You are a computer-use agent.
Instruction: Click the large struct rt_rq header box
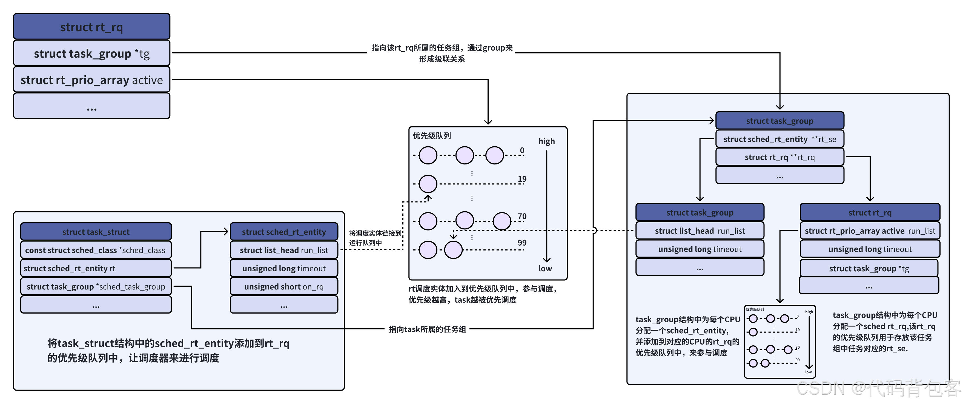point(91,27)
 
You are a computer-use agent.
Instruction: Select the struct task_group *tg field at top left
point(91,53)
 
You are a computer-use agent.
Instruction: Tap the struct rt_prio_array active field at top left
point(91,80)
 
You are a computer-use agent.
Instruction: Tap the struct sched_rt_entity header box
point(284,232)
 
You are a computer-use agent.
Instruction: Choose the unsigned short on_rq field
point(284,286)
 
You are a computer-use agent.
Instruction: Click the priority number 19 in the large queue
point(522,179)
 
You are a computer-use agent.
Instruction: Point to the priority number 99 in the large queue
point(522,243)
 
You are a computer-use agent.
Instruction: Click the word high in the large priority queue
point(546,141)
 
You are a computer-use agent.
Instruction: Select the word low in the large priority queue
point(545,269)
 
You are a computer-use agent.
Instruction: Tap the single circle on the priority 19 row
point(428,184)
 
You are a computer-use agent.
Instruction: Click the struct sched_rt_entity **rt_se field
point(779,139)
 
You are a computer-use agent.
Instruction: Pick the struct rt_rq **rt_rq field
point(779,157)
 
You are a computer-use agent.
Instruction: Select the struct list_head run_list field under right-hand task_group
point(700,231)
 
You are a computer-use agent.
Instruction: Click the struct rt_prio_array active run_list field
point(870,231)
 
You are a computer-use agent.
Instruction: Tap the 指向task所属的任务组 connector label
point(427,329)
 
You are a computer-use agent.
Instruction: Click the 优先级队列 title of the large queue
point(432,136)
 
